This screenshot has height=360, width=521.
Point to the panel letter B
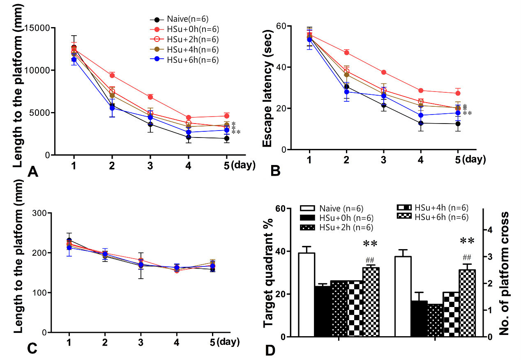[x=275, y=170]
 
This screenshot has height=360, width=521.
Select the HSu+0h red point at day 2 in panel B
[x=346, y=52]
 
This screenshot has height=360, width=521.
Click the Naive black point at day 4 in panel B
[x=421, y=123]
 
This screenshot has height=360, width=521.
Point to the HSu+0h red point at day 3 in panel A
[x=151, y=97]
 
